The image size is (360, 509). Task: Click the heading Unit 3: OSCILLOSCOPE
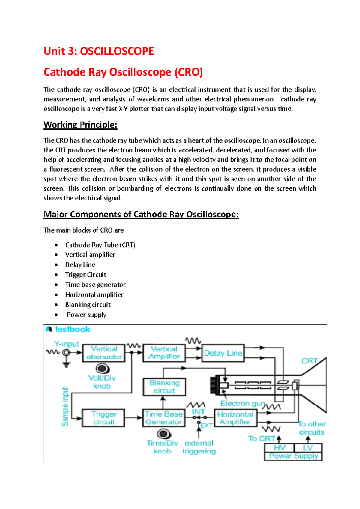pyautogui.click(x=99, y=51)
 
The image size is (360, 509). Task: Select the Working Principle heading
pyautogui.click(x=80, y=125)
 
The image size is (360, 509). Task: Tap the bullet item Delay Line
pyautogui.click(x=80, y=265)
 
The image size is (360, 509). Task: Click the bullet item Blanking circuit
pyautogui.click(x=88, y=305)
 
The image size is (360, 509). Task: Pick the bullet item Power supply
pyautogui.click(x=87, y=315)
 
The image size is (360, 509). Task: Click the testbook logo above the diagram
pyautogui.click(x=68, y=329)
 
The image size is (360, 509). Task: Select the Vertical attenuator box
pyautogui.click(x=104, y=353)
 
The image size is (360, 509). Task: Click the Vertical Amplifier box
pyautogui.click(x=164, y=353)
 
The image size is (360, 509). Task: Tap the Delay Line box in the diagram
pyautogui.click(x=223, y=353)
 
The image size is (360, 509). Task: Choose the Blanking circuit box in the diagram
pyautogui.click(x=164, y=387)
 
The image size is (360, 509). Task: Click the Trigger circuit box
pyautogui.click(x=103, y=418)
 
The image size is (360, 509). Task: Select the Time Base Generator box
pyautogui.click(x=164, y=418)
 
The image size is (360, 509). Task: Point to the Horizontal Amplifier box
pyautogui.click(x=235, y=418)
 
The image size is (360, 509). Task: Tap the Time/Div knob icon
pyautogui.click(x=164, y=434)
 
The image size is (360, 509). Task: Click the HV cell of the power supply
pyautogui.click(x=279, y=448)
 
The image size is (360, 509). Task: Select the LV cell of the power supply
pyautogui.click(x=308, y=448)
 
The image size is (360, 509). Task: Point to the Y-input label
pyautogui.click(x=67, y=344)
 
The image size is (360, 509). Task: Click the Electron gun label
pyautogui.click(x=243, y=403)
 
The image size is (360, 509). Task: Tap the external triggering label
pyautogui.click(x=199, y=447)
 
